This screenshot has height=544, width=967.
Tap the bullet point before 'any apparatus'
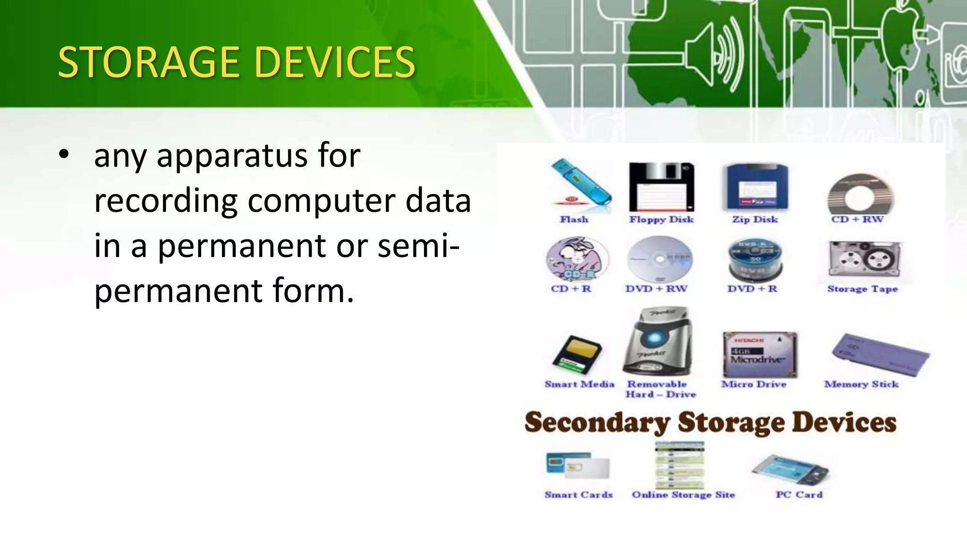[x=64, y=155]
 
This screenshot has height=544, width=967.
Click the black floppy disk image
[x=662, y=187]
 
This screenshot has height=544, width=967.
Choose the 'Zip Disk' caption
[x=755, y=220]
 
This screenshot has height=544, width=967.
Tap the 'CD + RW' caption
[x=857, y=220]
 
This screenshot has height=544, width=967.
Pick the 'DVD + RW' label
[x=656, y=289]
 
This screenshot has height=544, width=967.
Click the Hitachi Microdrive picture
[x=760, y=354]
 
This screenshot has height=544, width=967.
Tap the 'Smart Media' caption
[x=579, y=384]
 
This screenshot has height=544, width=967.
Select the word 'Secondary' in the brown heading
[x=597, y=422]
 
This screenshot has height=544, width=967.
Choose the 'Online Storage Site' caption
[x=683, y=495]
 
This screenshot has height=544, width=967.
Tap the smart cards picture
[x=577, y=466]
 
